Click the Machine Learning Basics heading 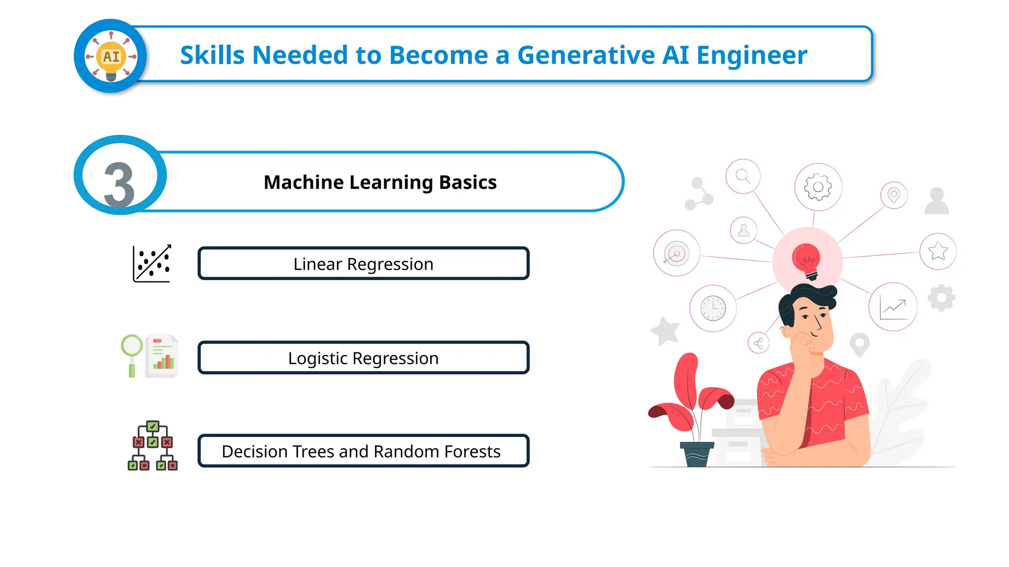pyautogui.click(x=380, y=182)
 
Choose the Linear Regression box pyautogui.click(x=363, y=264)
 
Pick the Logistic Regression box pyautogui.click(x=363, y=358)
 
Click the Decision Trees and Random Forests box pyautogui.click(x=363, y=451)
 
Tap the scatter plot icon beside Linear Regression pyautogui.click(x=152, y=264)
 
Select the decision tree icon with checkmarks pyautogui.click(x=153, y=446)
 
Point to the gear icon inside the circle pyautogui.click(x=818, y=187)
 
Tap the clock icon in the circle pyautogui.click(x=713, y=309)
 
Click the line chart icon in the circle pyautogui.click(x=893, y=308)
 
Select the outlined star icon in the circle pyautogui.click(x=938, y=251)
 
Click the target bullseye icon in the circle pyautogui.click(x=676, y=253)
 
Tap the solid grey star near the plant pyautogui.click(x=666, y=330)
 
